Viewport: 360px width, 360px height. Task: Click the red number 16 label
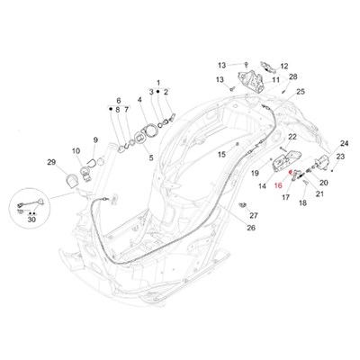tap(278, 186)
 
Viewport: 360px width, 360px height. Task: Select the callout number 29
tap(51, 162)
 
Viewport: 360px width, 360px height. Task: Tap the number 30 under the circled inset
tap(31, 220)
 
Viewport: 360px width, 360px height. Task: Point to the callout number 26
tap(251, 228)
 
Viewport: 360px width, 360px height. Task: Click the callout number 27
tap(254, 215)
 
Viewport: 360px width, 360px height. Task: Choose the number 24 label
tap(345, 143)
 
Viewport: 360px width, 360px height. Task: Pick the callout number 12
tap(283, 67)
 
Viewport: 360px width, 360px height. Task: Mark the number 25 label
tap(301, 92)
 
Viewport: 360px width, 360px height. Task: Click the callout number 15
tap(221, 155)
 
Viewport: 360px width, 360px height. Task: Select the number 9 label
tap(95, 139)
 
